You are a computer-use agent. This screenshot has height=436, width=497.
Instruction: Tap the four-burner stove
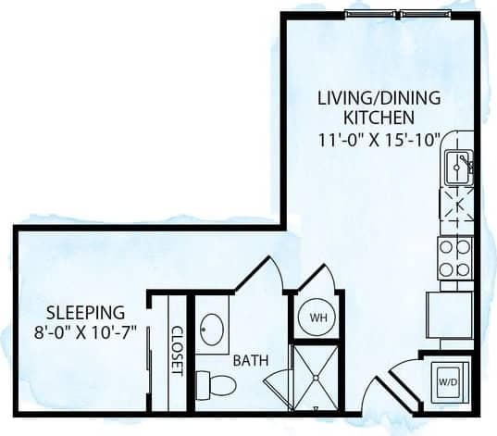pyautogui.click(x=454, y=257)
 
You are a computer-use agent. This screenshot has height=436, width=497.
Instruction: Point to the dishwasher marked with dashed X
pyautogui.click(x=456, y=209)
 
